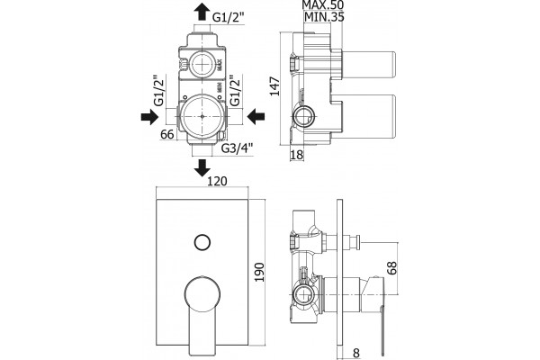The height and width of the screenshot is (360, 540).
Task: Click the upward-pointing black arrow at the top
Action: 202,12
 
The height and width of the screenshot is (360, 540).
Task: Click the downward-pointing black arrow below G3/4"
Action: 202,167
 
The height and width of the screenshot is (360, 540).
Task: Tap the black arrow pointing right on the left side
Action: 149,116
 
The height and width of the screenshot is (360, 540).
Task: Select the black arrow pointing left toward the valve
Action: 256,116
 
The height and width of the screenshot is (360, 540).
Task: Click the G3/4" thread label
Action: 237,148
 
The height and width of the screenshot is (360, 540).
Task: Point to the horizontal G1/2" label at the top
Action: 229,17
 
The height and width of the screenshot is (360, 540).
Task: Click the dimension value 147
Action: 274,86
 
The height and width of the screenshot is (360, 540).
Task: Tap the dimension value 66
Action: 167,134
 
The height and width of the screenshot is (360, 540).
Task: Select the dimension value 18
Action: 296,155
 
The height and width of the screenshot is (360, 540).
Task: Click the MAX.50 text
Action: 323,4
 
